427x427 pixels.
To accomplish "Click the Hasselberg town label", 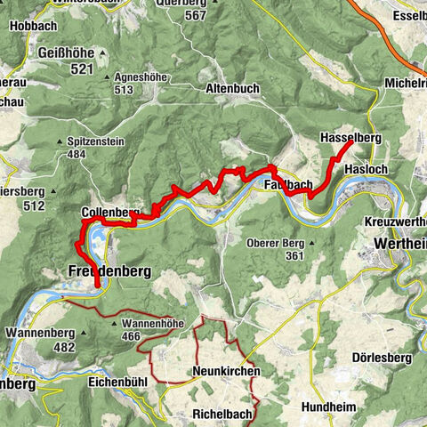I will pyautogui.click(x=350, y=138).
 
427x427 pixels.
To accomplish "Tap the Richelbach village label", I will pyautogui.click(x=222, y=414).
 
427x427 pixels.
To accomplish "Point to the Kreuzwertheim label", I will pyautogui.click(x=395, y=220).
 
